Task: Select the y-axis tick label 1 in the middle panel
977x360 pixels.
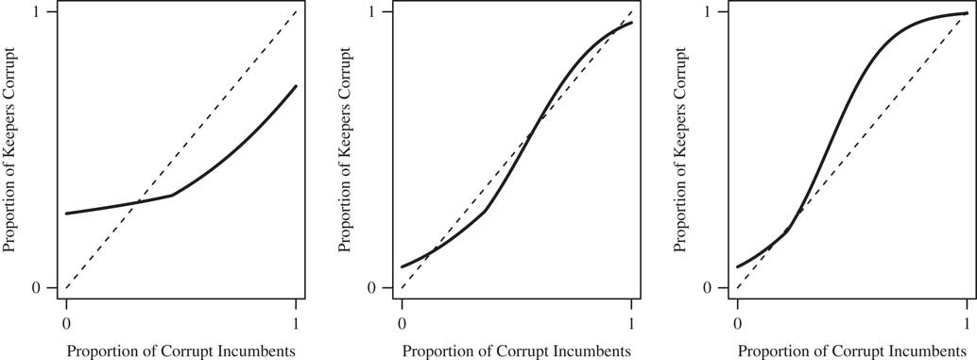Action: pos(372,12)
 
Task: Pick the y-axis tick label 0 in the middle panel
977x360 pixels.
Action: pos(372,287)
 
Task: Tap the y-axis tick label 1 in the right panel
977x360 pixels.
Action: pos(708,12)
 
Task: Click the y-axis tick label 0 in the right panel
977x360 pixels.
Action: pos(708,287)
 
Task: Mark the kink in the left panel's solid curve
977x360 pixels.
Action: pos(172,196)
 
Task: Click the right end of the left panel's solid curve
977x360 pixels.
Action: pos(297,86)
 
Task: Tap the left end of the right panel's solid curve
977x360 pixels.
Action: pos(738,267)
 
